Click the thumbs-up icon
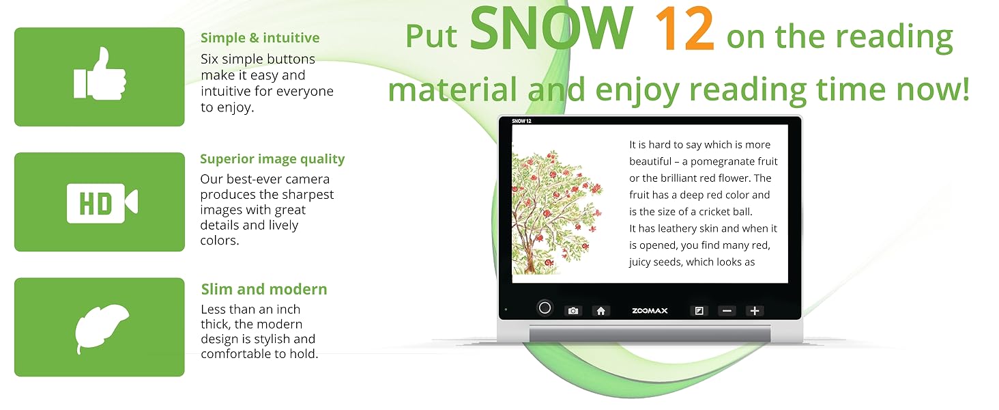(100, 74)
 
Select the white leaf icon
(102, 327)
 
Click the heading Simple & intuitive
(260, 38)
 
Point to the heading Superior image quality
(272, 159)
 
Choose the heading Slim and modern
(264, 289)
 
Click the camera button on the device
(573, 311)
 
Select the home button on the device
(600, 311)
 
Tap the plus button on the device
(754, 311)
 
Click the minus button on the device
(727, 311)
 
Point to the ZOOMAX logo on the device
(650, 311)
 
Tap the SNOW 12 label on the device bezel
(522, 121)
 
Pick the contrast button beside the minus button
(699, 311)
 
